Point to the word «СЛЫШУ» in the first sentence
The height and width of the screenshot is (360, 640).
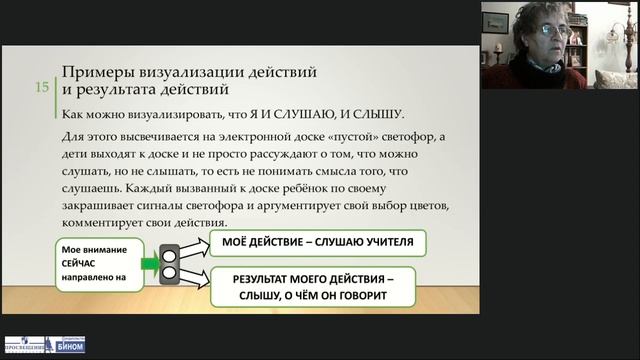click(377, 114)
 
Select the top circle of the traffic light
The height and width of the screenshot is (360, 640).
click(171, 256)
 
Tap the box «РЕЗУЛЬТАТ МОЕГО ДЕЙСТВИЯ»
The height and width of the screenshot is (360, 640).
click(315, 287)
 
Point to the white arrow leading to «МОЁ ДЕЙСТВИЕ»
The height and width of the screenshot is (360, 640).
click(196, 247)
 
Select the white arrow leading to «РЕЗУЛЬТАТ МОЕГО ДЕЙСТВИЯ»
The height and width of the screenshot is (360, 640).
click(197, 280)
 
